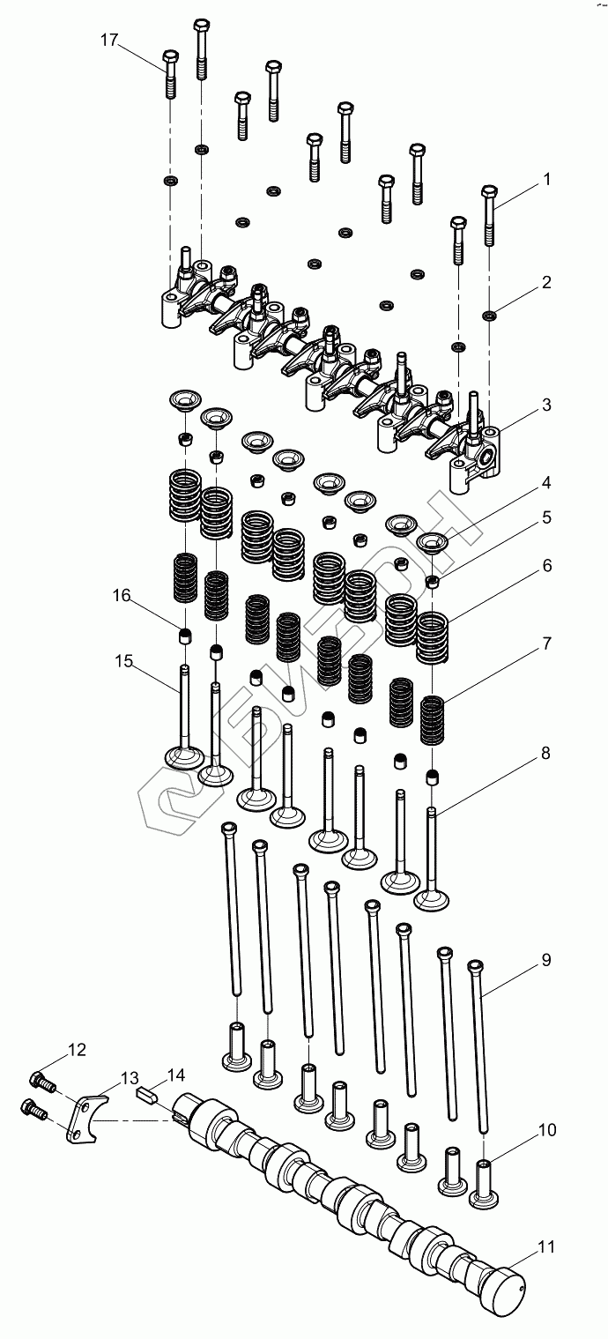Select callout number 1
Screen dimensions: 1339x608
[x=546, y=180]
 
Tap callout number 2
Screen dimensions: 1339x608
[x=546, y=283]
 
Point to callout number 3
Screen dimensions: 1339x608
[x=546, y=405]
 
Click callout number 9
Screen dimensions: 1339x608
[x=546, y=960]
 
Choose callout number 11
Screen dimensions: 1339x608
[x=546, y=1246]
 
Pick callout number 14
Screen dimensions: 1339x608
[x=175, y=1075]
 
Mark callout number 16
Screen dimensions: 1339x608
[x=121, y=596]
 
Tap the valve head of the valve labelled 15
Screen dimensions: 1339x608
[x=184, y=758]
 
